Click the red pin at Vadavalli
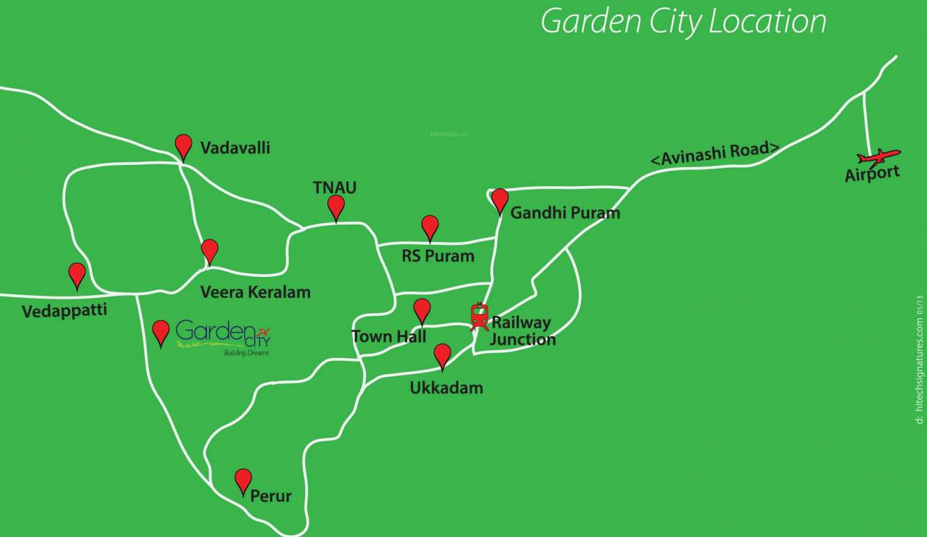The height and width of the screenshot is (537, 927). point(183,146)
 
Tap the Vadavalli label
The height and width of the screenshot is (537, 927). point(235,148)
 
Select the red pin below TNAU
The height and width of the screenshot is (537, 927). point(337,207)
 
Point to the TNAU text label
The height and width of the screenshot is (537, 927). point(334,187)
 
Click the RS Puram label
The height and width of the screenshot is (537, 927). point(438,256)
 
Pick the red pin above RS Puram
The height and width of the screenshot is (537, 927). point(430,227)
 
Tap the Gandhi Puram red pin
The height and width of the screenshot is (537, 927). point(500,200)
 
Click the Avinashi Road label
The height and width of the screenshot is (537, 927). point(715,153)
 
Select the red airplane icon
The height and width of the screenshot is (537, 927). point(879,156)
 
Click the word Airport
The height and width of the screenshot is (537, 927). point(872,173)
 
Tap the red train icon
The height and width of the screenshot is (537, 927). point(479,317)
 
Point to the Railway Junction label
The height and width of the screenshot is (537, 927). point(522,331)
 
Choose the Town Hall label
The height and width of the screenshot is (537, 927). point(389,336)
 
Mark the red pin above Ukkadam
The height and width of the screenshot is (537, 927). point(442,355)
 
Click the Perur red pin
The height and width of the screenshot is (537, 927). point(243,480)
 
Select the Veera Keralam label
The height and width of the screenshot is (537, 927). point(255,292)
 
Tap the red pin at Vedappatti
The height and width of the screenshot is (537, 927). point(77,275)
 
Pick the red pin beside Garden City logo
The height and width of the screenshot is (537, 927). point(161,332)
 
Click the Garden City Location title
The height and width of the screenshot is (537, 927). point(684,22)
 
